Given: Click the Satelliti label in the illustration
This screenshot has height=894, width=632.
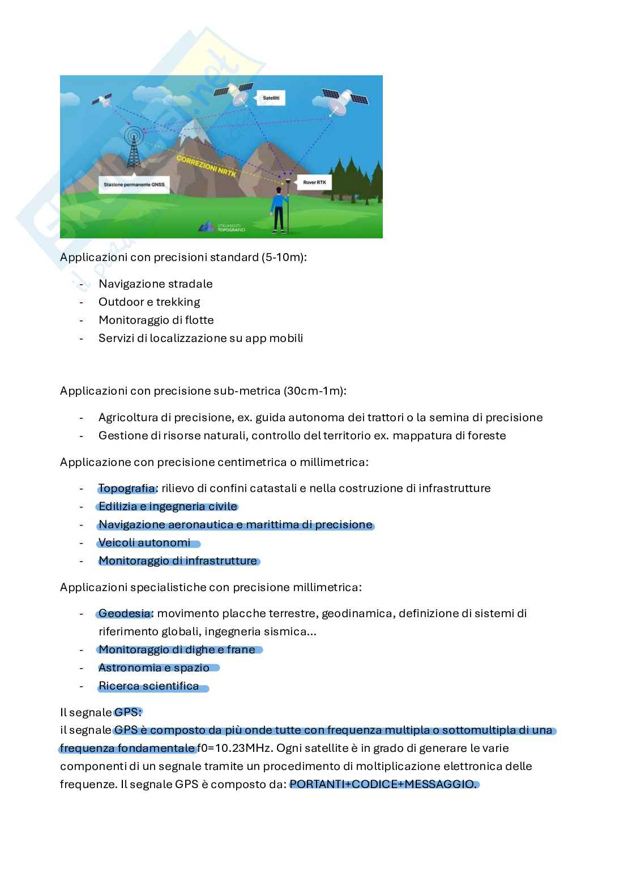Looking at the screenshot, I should [271, 99].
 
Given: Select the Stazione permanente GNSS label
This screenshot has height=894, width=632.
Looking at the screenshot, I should [134, 185].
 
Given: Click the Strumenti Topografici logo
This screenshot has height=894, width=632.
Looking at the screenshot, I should [221, 226].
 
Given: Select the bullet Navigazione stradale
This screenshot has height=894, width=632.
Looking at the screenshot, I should [155, 284].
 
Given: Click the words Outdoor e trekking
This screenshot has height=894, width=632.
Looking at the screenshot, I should [149, 302].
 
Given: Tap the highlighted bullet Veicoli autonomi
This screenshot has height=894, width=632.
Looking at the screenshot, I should [144, 542].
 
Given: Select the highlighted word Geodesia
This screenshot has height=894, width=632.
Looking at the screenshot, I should [125, 613].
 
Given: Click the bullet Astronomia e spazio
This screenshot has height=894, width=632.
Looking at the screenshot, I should [153, 668].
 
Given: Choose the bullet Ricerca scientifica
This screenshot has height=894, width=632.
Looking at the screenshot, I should [148, 686].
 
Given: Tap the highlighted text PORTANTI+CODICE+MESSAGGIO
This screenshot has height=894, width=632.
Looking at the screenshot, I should [383, 784].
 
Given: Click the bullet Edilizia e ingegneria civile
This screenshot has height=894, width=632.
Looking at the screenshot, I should [168, 506].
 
